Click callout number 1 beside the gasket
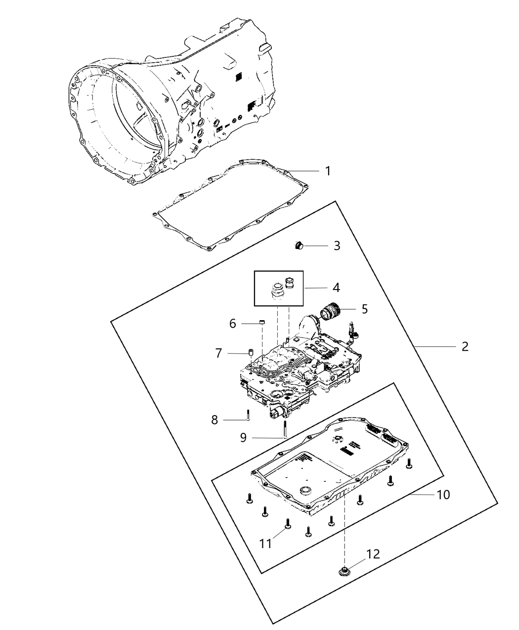(327, 171)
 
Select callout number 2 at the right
(464, 346)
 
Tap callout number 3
(337, 246)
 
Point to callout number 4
(336, 287)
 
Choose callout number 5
(364, 309)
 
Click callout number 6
(233, 324)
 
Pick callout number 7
(218, 353)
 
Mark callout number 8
(214, 420)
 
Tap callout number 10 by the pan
(443, 494)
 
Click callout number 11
(266, 544)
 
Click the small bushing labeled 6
(263, 323)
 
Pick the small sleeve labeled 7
(251, 353)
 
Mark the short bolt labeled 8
(248, 415)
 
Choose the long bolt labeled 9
(285, 429)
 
